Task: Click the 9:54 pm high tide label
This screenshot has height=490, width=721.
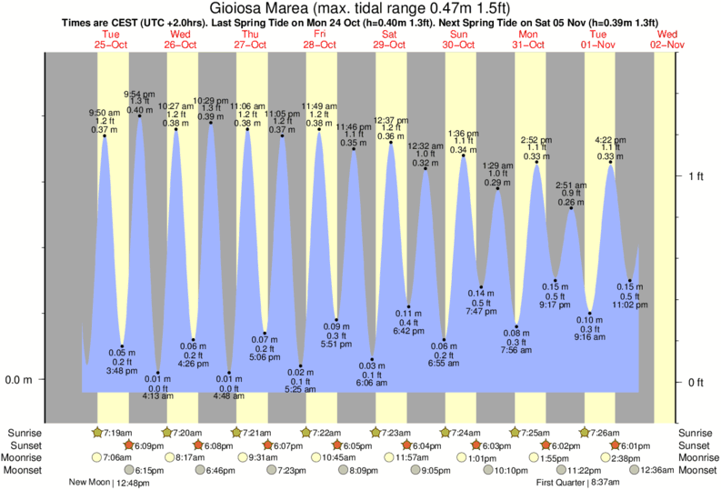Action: [139, 102]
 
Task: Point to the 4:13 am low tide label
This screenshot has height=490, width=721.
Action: [156, 388]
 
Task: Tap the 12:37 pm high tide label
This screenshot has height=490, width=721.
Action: [391, 128]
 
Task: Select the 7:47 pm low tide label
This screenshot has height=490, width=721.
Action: [480, 302]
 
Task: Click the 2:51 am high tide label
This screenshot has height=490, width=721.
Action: [571, 194]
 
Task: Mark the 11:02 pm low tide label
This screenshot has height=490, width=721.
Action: [630, 296]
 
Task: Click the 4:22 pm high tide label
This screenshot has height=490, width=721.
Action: [610, 148]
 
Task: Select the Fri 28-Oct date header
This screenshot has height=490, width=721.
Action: [319, 39]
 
